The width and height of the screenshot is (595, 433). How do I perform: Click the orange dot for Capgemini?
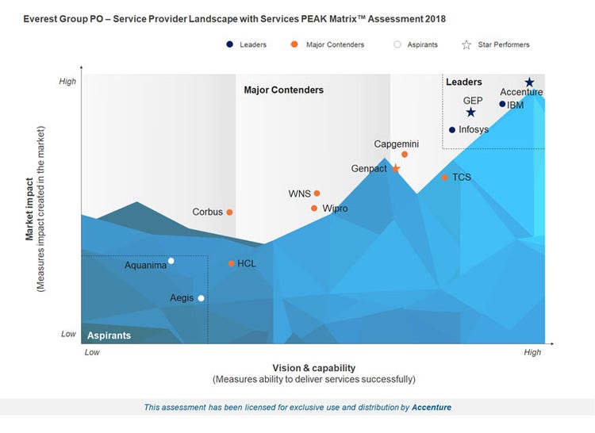pos(405,155)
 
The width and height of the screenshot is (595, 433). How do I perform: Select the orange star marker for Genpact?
pos(396,168)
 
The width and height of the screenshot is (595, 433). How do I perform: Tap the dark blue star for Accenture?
pos(529,82)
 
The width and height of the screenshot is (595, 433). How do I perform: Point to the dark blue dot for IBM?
pos(502,104)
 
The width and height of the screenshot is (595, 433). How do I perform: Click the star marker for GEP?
pos(470,113)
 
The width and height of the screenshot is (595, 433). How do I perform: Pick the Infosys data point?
pos(452,130)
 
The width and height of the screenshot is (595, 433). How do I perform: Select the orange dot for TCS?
pos(445,177)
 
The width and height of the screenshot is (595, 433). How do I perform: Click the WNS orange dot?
pos(317,194)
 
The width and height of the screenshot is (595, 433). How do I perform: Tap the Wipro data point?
pos(314,209)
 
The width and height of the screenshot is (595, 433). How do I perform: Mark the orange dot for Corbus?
pos(229,213)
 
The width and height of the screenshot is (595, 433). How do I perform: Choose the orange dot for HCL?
pos(231,263)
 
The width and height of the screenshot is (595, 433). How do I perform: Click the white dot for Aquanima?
pos(171,261)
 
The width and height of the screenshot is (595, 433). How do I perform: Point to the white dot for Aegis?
pos(201,298)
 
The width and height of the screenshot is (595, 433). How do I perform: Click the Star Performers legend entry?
pos(497,44)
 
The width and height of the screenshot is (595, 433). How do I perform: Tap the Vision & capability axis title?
pos(313,368)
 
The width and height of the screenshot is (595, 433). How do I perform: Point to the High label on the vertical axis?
pos(68,81)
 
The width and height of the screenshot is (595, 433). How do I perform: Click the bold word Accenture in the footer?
pos(432,408)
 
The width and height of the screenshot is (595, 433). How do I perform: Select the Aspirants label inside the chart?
pos(109,335)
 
